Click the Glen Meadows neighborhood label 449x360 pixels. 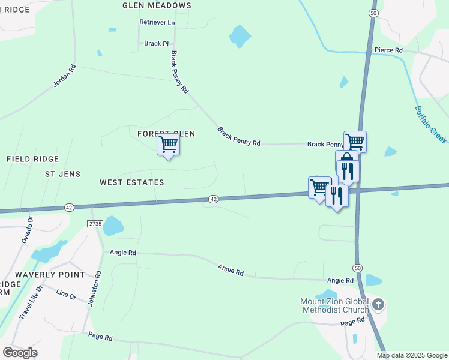157,5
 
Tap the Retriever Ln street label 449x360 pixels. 157,22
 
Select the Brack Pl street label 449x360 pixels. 157,44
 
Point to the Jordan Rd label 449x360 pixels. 65,76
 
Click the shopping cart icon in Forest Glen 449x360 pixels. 168,145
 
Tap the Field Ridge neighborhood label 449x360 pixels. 32,159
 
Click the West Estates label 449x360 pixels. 131,182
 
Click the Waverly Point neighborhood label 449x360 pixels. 50,274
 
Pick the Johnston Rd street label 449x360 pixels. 95,289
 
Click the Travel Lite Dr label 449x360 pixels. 31,301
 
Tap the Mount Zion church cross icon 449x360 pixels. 378,304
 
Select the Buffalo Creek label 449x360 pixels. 430,124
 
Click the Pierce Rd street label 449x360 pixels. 388,50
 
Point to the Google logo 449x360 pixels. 20,353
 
